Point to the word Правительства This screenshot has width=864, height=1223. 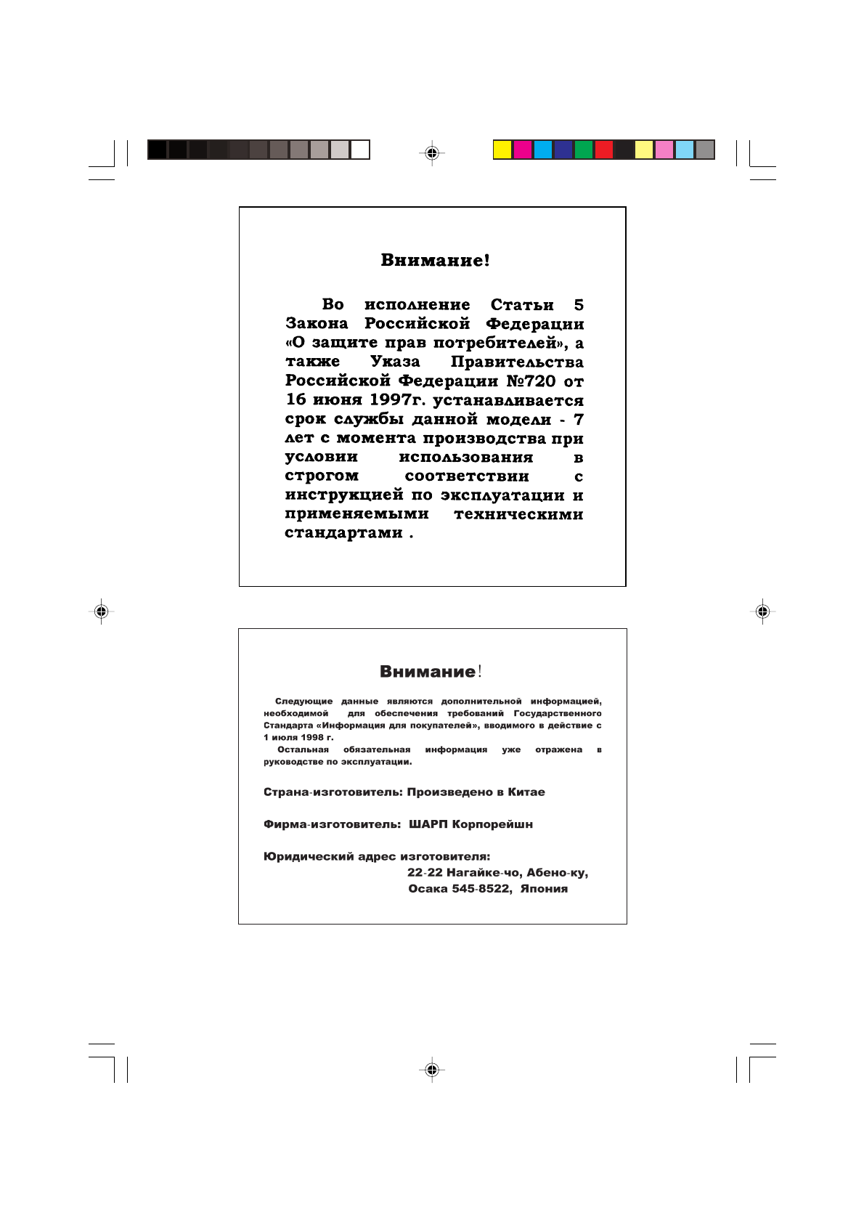[517, 362]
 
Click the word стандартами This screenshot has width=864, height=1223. [343, 533]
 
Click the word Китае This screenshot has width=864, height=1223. [526, 792]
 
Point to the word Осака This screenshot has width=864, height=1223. [428, 889]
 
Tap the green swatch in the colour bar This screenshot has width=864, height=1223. [584, 150]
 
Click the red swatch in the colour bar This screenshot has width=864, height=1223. [604, 150]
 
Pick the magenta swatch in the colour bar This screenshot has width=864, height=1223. [523, 150]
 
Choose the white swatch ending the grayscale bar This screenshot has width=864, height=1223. [360, 150]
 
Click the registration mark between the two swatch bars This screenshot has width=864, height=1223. [432, 153]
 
